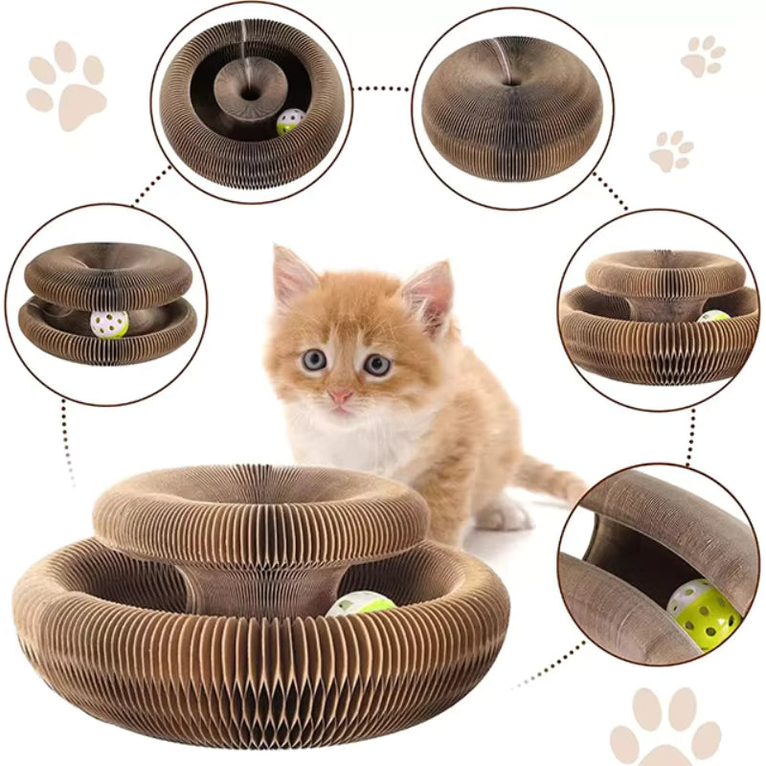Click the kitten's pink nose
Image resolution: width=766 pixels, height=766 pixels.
[x=340, y=395]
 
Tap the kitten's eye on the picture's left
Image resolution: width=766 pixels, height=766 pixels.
[x=314, y=360]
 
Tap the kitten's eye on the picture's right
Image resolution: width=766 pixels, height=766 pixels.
[x=376, y=364]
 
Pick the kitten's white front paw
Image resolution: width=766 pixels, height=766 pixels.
[x=503, y=515]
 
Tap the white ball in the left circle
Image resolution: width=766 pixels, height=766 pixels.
[x=109, y=324]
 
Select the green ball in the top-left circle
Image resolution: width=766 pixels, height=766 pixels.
[x=290, y=122]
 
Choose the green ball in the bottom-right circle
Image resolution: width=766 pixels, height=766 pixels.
[x=705, y=613]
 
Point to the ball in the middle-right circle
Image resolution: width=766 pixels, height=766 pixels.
[x=712, y=317]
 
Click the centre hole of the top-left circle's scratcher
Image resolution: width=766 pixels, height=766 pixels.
[x=250, y=94]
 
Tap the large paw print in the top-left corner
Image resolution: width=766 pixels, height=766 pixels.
[x=66, y=83]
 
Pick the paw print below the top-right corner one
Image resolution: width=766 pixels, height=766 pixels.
[x=673, y=151]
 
